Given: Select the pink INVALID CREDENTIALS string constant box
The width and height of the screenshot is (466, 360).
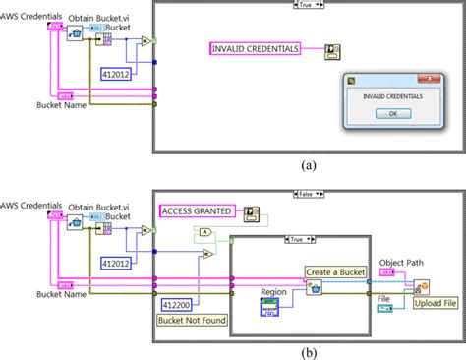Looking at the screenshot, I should tap(266, 48).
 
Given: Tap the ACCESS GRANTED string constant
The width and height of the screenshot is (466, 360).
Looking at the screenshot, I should tap(196, 210).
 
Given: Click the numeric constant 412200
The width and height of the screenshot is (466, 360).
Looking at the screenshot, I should tap(178, 305).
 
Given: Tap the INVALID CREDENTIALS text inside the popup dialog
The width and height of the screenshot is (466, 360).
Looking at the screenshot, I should tap(389, 96).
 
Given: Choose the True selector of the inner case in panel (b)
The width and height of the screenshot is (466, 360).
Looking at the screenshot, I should tap(298, 238).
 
